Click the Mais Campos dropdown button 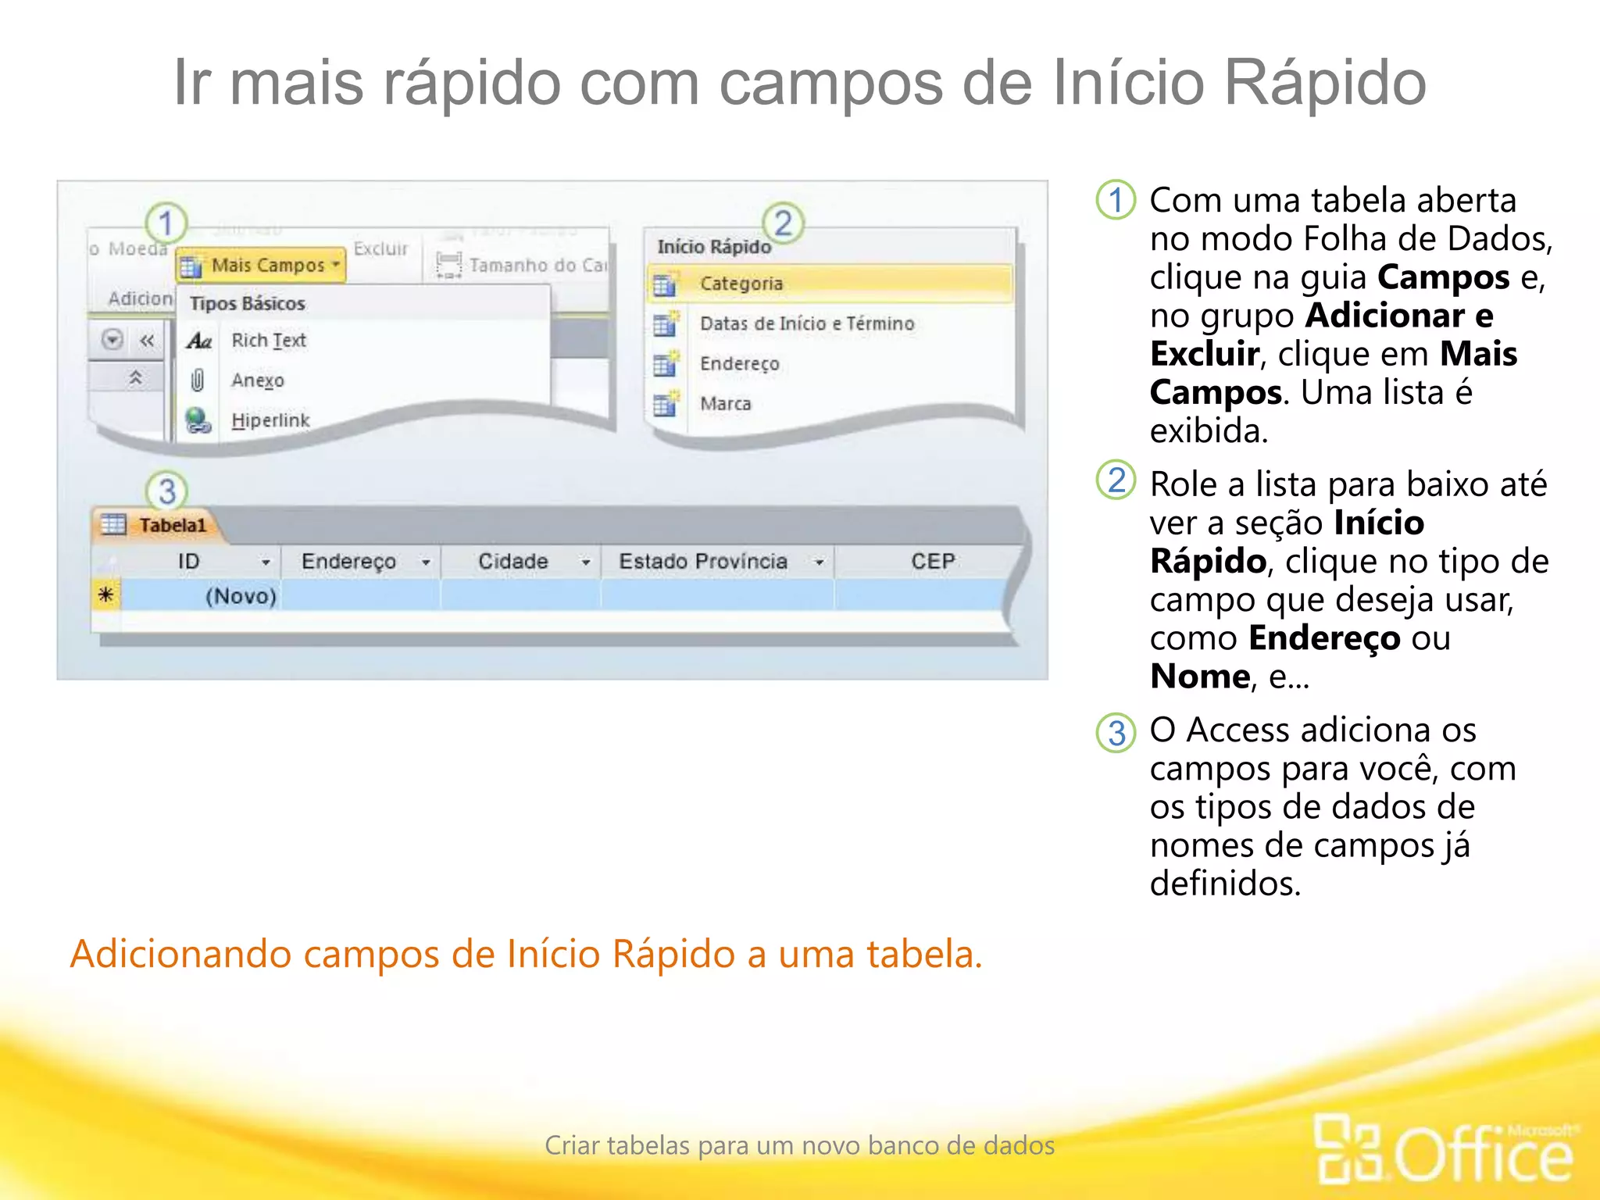pyautogui.click(x=261, y=266)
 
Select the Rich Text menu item pyautogui.click(x=268, y=341)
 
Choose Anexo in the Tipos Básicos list pyautogui.click(x=257, y=380)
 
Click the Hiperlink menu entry pyautogui.click(x=270, y=420)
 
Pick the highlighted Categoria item pyautogui.click(x=741, y=284)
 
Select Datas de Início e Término pyautogui.click(x=806, y=323)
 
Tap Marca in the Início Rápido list pyautogui.click(x=725, y=404)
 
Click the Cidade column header pyautogui.click(x=512, y=562)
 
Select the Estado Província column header pyautogui.click(x=702, y=562)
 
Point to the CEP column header pyautogui.click(x=932, y=562)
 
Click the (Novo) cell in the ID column pyautogui.click(x=240, y=596)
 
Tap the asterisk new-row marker pyautogui.click(x=105, y=595)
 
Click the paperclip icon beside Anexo pyautogui.click(x=198, y=380)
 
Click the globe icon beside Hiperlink pyautogui.click(x=198, y=420)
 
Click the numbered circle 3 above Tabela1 pyautogui.click(x=166, y=491)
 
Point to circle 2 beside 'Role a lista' pyautogui.click(x=1116, y=480)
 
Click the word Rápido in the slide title pyautogui.click(x=1324, y=83)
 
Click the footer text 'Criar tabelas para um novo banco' pyautogui.click(x=799, y=1145)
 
